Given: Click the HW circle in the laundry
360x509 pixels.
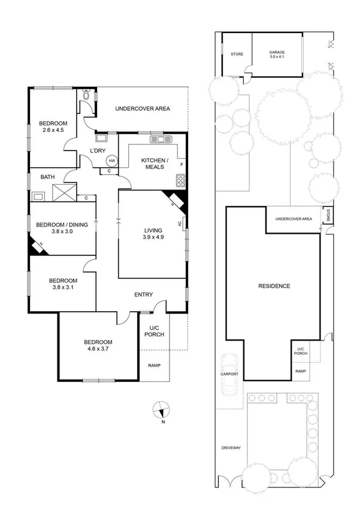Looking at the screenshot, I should click(111, 161).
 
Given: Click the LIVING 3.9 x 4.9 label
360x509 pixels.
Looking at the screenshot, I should click(153, 234).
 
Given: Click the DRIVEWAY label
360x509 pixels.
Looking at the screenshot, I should click(230, 448).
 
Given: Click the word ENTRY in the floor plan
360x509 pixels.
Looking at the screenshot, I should click(144, 294).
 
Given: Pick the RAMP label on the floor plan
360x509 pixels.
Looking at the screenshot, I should click(155, 366).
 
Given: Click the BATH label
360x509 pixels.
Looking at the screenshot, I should click(47, 177).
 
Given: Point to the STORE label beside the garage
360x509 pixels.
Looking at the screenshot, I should click(237, 55).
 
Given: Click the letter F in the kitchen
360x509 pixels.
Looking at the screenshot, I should click(181, 164).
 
